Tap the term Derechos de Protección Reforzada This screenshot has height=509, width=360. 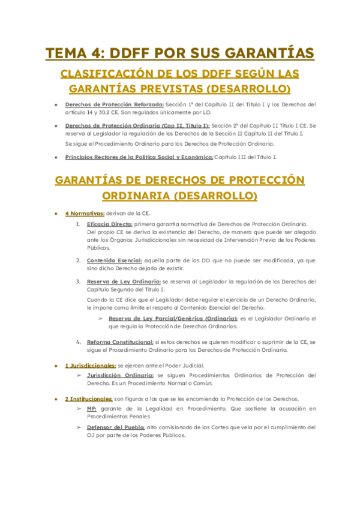[x=103, y=104]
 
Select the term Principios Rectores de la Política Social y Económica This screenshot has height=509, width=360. [x=139, y=157]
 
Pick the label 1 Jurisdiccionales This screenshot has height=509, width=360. [x=90, y=366]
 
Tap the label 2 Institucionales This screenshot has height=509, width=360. [x=89, y=399]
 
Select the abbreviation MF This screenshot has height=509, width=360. [x=92, y=408]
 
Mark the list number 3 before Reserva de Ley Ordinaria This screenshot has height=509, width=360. [x=78, y=281]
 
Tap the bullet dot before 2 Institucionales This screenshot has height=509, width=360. [x=55, y=399]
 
